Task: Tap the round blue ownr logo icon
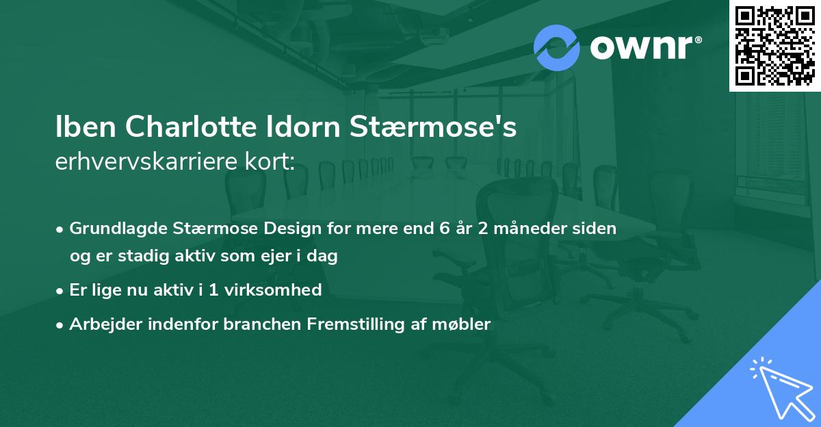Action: tap(556, 48)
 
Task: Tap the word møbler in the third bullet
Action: tap(465, 324)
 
